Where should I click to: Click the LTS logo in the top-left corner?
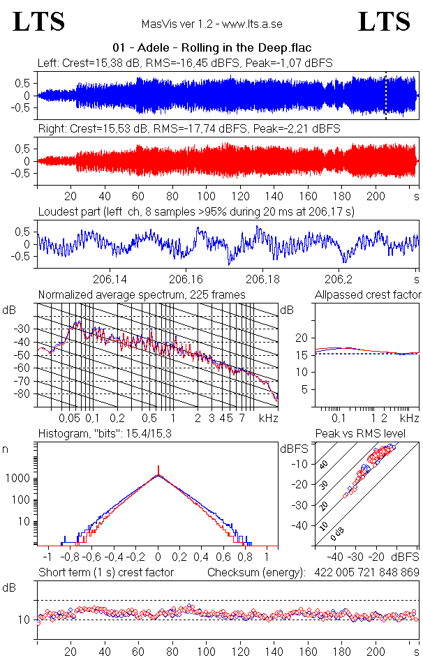tap(39, 22)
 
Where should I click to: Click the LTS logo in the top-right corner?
tap(384, 22)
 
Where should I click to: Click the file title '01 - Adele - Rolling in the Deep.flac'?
tap(211, 48)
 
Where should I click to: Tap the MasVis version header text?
tap(211, 24)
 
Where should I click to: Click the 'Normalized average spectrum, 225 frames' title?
tap(142, 295)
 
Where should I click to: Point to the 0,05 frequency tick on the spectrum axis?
tap(69, 418)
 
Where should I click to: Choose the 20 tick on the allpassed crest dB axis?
tap(302, 338)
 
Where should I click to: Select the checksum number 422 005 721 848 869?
tap(360, 573)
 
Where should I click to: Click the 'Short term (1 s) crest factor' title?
tap(105, 573)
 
